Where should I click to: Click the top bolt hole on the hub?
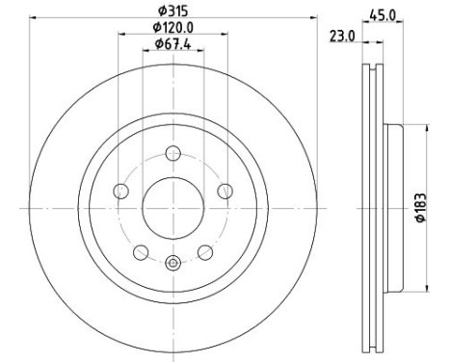click(x=173, y=151)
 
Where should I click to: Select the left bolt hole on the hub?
click(x=120, y=191)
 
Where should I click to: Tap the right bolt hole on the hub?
click(x=225, y=191)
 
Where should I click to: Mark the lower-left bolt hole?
click(x=141, y=252)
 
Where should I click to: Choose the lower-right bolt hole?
click(x=205, y=252)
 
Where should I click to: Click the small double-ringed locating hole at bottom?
click(x=173, y=266)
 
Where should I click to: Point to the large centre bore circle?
click(x=173, y=206)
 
